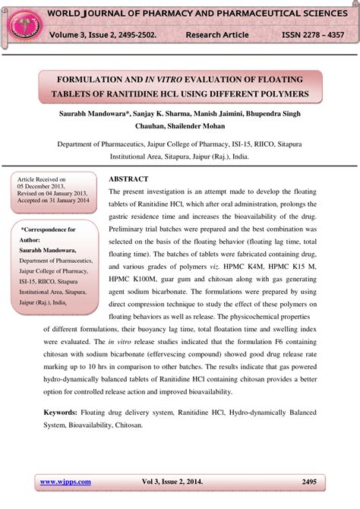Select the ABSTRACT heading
tap(128, 179)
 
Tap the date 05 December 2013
tap(45, 187)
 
